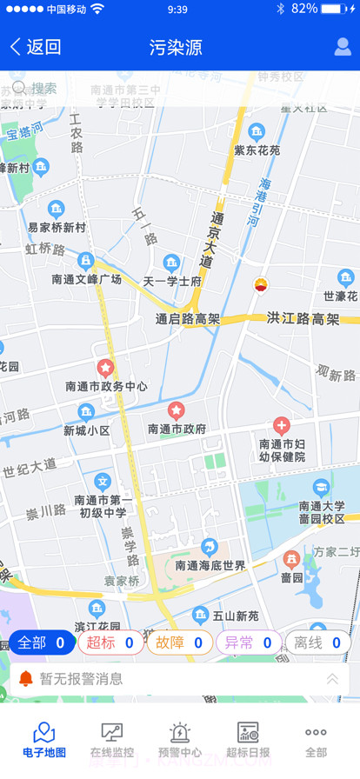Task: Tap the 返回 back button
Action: click(36, 47)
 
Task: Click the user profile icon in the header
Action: click(343, 47)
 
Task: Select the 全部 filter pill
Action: click(42, 643)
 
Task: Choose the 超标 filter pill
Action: click(110, 643)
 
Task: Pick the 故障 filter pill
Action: click(180, 643)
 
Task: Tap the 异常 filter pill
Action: click(249, 643)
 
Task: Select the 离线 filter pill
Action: click(317, 643)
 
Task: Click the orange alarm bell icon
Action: click(26, 678)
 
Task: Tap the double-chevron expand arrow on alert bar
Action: click(332, 679)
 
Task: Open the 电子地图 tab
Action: click(43, 740)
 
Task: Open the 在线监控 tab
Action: click(111, 740)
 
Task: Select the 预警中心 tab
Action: click(180, 740)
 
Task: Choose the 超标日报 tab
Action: click(248, 740)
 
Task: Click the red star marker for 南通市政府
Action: click(177, 409)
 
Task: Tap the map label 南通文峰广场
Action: click(86, 279)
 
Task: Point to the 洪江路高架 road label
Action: click(303, 318)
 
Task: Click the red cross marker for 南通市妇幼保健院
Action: click(281, 426)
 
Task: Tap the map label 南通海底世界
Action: click(210, 565)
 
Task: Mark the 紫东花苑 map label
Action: click(257, 150)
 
